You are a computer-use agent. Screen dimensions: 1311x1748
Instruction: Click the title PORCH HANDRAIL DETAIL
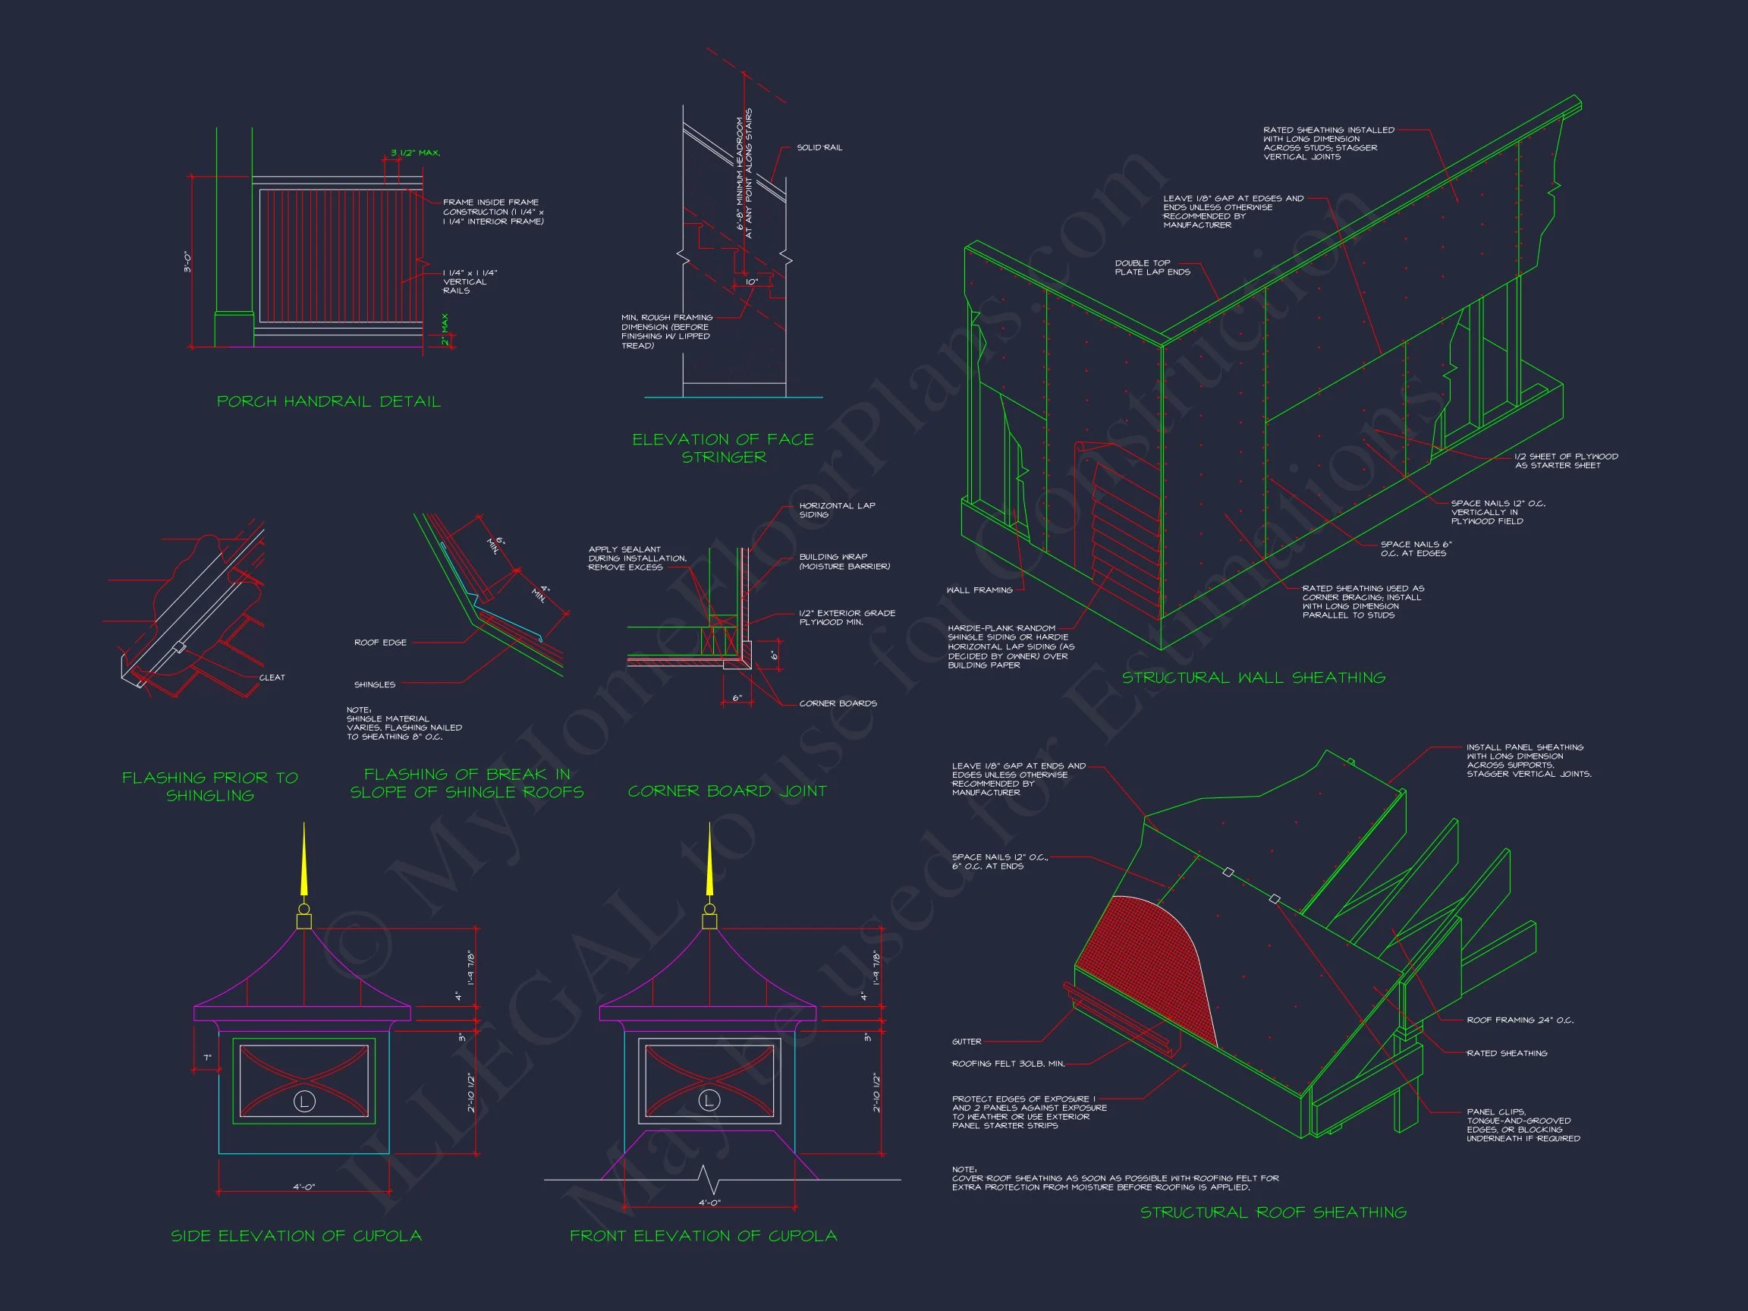tap(329, 401)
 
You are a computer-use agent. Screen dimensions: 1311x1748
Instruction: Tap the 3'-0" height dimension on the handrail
tap(188, 262)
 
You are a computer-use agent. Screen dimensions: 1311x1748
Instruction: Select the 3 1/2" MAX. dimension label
tap(415, 152)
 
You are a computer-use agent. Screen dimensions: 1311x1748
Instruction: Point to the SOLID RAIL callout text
tap(819, 148)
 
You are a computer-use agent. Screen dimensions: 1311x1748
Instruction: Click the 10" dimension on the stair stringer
tap(751, 282)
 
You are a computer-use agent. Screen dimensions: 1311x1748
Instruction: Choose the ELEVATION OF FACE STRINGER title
tap(723, 448)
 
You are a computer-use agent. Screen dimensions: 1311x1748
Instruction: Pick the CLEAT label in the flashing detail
tap(272, 678)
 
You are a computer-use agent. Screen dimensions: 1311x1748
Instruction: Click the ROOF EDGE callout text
tap(380, 643)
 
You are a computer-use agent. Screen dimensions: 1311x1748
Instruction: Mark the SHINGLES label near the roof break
tap(375, 684)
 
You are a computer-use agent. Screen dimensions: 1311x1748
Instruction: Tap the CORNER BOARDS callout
tap(838, 703)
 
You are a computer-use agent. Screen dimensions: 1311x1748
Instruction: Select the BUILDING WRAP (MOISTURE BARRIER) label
tap(844, 561)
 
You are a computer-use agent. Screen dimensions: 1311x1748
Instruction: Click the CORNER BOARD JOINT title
tap(727, 791)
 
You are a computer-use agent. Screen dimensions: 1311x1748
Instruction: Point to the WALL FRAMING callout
tap(979, 590)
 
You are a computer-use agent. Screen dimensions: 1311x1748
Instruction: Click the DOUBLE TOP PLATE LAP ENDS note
tap(1152, 267)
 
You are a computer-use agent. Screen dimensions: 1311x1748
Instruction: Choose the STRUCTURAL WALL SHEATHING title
tap(1253, 678)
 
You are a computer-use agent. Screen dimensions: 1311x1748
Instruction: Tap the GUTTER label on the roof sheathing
tap(967, 1042)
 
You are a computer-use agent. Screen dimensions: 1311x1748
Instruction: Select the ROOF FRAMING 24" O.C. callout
tap(1520, 1020)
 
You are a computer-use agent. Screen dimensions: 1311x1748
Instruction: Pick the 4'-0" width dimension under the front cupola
tap(709, 1203)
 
